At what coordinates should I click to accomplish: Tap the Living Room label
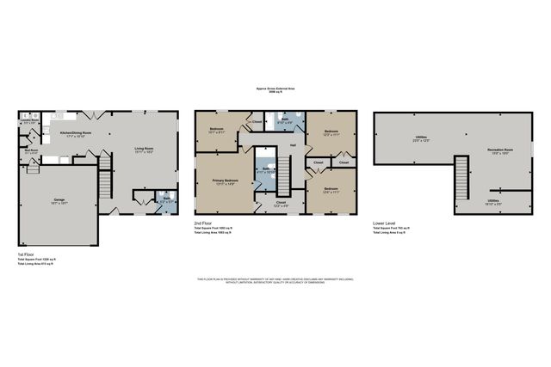pos(144,151)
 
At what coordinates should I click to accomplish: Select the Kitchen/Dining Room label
pos(73,134)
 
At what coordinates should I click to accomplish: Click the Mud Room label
pos(31,153)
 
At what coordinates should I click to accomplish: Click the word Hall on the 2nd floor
pos(293,145)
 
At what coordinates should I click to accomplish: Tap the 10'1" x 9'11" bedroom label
pos(218,132)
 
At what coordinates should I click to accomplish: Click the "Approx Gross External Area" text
pos(275,89)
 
